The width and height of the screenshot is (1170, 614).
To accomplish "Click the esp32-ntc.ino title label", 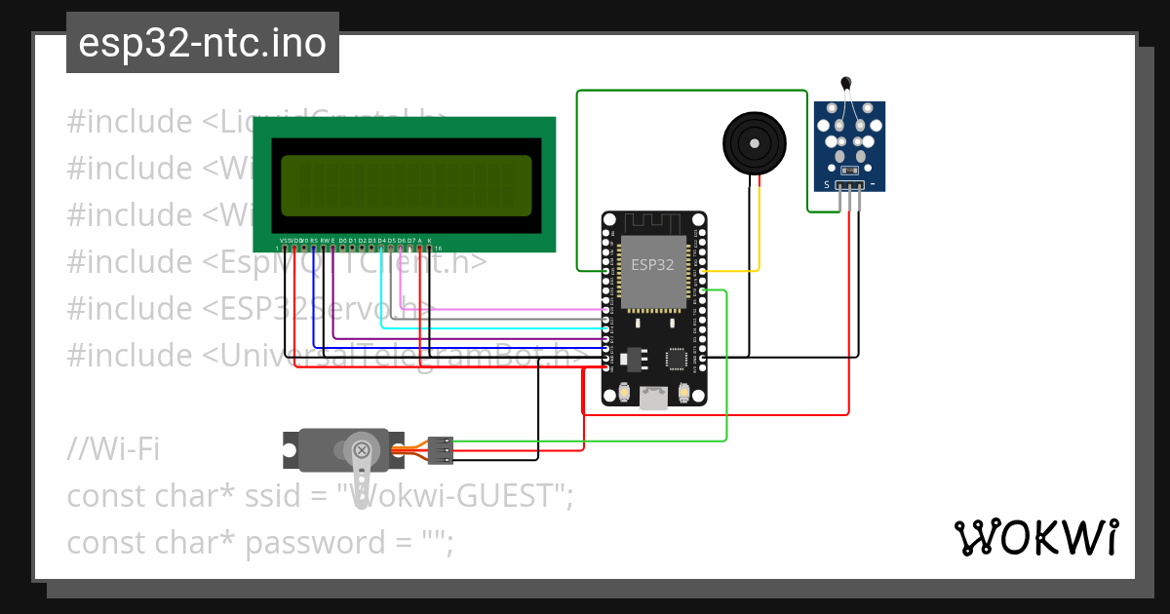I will click(x=202, y=43).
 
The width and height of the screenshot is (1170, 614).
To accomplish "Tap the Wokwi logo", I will click(x=1035, y=537).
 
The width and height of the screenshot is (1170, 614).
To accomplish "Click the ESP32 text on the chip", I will click(x=652, y=264).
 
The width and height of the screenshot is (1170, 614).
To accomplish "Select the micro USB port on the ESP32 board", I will click(x=653, y=396).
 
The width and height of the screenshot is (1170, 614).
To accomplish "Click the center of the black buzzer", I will click(x=753, y=142).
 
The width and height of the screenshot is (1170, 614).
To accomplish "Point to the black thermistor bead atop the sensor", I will click(x=846, y=86).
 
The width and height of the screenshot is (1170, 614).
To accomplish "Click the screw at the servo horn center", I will click(x=362, y=450).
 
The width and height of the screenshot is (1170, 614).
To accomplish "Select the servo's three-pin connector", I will click(x=441, y=449).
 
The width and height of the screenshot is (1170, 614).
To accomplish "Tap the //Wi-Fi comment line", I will click(x=113, y=449).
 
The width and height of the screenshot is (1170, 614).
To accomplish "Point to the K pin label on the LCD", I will click(x=430, y=240).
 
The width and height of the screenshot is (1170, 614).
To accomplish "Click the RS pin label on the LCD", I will click(x=313, y=240).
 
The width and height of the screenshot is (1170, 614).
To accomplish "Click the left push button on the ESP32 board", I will click(x=624, y=394).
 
